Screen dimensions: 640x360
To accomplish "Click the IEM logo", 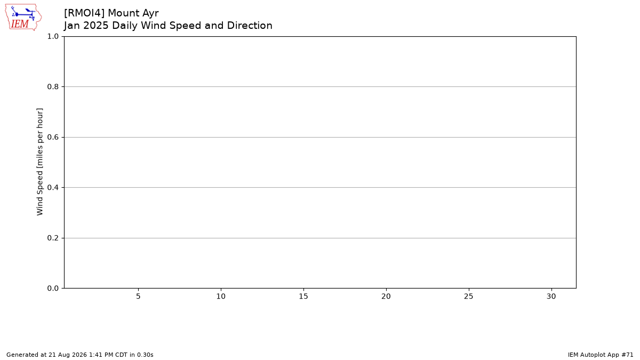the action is (x=23, y=17).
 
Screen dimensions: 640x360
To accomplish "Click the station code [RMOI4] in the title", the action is (x=84, y=13).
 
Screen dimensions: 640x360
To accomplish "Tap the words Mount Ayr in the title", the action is (x=133, y=13).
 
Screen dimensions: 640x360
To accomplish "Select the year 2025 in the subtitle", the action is (x=96, y=26).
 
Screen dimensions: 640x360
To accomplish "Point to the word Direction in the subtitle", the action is (x=250, y=26).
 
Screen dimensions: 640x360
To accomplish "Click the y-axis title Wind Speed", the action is (x=39, y=193).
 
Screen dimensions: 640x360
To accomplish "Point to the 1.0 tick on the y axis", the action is (x=53, y=37).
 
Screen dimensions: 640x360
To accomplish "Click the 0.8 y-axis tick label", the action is (x=53, y=86).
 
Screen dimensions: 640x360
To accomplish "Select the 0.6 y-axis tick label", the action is (x=53, y=137).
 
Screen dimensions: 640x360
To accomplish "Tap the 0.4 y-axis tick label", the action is (x=53, y=187).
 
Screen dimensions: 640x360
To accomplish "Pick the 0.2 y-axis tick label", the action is (x=53, y=238).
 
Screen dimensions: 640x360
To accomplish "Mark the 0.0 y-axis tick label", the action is (x=53, y=289).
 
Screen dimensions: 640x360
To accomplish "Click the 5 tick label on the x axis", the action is (x=138, y=297).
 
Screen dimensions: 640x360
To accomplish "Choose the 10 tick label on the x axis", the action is (x=221, y=297).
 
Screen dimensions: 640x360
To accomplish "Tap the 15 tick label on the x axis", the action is (x=303, y=297).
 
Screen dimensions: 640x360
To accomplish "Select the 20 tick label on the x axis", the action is (x=386, y=297).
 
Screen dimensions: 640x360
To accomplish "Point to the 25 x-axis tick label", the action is (x=469, y=297).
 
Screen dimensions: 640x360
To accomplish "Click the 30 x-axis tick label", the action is (x=551, y=297).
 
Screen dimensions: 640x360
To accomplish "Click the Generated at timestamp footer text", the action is (x=79, y=355).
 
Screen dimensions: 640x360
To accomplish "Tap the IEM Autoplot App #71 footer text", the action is (x=601, y=355).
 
